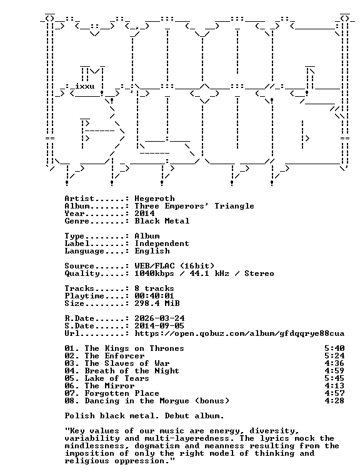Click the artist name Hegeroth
click(154, 199)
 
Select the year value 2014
click(144, 214)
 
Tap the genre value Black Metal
click(162, 221)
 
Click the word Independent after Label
click(162, 243)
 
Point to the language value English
click(152, 251)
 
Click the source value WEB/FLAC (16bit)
click(174, 266)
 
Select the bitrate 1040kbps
click(154, 273)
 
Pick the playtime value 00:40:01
click(154, 296)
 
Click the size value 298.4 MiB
click(157, 303)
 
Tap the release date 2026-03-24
click(159, 318)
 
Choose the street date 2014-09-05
click(159, 326)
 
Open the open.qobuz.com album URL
click(239, 333)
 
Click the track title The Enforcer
click(114, 356)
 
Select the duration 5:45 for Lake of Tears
click(334, 378)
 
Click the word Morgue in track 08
click(174, 401)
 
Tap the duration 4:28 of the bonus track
click(334, 401)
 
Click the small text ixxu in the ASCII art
click(84, 86)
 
